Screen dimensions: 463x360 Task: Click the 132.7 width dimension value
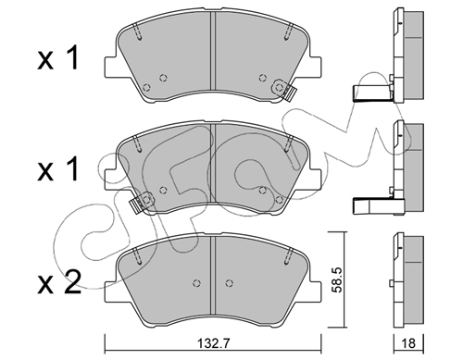point(214,343)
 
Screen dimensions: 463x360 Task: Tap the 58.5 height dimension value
point(336,279)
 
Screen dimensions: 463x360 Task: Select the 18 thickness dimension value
point(409,343)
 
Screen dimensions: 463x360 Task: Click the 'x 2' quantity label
point(59,282)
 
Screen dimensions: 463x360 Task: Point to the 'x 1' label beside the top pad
point(57,58)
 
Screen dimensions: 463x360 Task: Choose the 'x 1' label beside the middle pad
point(57,169)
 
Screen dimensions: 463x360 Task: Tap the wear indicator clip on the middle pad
point(142,202)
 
